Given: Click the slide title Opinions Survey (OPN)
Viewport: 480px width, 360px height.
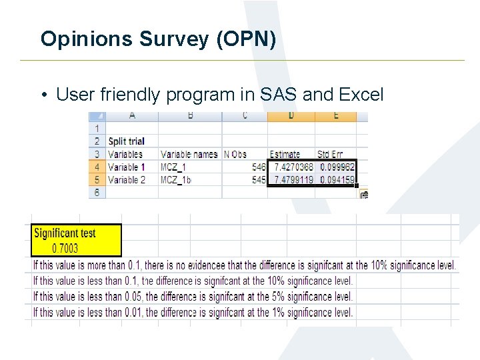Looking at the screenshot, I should coord(158,39).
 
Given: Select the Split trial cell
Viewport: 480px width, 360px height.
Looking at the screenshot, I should coord(126,141).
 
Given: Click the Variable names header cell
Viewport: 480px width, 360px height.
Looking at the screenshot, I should coord(189,154).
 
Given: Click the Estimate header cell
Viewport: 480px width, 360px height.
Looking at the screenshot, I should coord(285,154).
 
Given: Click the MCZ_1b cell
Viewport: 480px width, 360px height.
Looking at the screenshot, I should coord(176,180).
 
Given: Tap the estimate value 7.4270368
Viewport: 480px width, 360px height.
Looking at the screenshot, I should coord(291,167).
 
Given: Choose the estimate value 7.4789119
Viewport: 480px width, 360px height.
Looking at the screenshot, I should coord(291,180).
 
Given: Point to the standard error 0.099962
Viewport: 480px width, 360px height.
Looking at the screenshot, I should coord(337,167).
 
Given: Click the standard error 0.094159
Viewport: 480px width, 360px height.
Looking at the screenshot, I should coord(337,180).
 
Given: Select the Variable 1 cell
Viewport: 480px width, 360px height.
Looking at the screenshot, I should coord(127,167).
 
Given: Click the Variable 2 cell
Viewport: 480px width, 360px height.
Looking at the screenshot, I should coord(127,180).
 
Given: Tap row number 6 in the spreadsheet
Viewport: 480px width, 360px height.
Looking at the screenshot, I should coord(97,192).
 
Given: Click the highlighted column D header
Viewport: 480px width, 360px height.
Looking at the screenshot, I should coord(291,116).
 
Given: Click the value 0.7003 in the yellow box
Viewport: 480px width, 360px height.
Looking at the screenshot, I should coord(65,248).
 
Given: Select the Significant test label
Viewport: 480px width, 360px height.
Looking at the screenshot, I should coord(65,233).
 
